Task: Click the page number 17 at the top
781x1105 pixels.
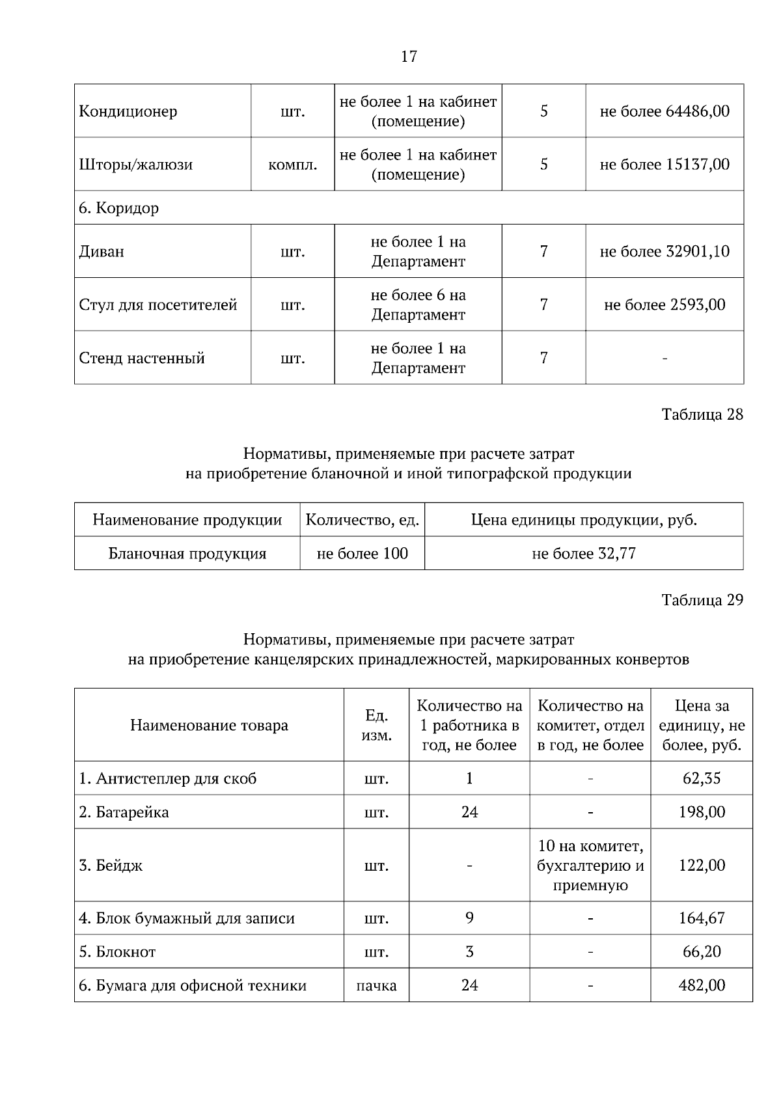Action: [409, 57]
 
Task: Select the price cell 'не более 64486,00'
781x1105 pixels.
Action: [664, 111]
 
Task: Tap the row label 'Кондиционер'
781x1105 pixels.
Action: [128, 111]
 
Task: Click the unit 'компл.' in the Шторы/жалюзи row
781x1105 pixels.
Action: [293, 165]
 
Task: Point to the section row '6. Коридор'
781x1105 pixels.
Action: [118, 208]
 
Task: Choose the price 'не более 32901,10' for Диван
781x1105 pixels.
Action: [664, 252]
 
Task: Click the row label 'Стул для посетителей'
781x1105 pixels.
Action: [158, 305]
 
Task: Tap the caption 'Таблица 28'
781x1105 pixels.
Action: [702, 415]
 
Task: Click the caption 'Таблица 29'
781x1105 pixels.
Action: [702, 600]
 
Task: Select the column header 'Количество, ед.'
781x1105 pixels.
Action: [362, 520]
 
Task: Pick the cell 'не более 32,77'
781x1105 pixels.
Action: [583, 554]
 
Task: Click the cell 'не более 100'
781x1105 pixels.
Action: [362, 554]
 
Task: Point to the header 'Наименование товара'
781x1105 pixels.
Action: [209, 726]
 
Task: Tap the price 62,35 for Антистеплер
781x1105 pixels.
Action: [701, 779]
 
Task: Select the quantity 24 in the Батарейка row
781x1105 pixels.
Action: [469, 812]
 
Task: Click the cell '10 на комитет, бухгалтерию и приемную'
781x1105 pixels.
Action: [590, 866]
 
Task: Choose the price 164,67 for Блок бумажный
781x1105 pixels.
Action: [701, 919]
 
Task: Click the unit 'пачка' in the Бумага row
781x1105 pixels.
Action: [376, 986]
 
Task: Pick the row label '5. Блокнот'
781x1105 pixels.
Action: [117, 952]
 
